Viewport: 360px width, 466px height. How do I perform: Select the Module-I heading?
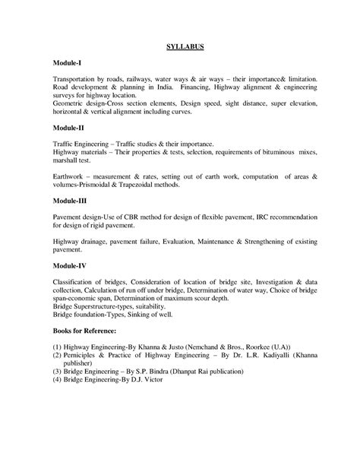[x=69, y=63]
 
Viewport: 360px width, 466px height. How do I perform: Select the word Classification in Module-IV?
[x=78, y=283]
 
